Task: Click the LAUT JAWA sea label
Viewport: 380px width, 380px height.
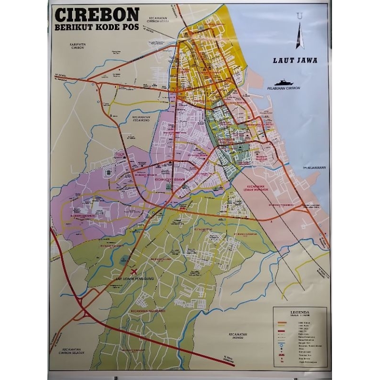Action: coord(295,60)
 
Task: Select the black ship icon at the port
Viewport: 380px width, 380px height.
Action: coord(284,82)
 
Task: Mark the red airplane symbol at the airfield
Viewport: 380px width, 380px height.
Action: coord(133,271)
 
